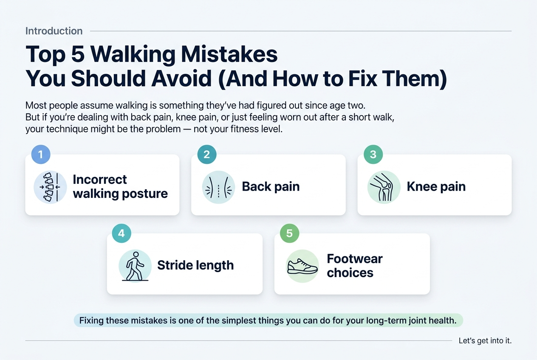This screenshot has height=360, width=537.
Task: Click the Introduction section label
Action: (x=54, y=31)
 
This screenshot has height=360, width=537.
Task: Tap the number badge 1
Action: (x=41, y=155)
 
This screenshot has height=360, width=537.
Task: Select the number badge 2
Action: (x=207, y=155)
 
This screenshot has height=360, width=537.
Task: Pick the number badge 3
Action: (x=373, y=155)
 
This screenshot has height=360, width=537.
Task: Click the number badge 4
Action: (x=122, y=233)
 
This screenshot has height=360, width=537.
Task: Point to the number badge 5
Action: (x=290, y=233)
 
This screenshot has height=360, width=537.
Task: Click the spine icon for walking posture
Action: (x=50, y=187)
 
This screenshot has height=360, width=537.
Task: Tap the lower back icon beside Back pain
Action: (x=218, y=187)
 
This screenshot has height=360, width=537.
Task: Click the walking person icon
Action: (x=135, y=266)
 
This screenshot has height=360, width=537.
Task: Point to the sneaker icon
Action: (x=302, y=266)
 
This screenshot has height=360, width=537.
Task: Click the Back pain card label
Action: (x=271, y=187)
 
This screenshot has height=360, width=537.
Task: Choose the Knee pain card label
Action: (x=436, y=187)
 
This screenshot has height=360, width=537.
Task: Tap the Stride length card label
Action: (x=195, y=265)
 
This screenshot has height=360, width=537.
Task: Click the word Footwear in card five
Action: (x=355, y=259)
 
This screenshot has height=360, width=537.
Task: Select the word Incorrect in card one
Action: (x=100, y=180)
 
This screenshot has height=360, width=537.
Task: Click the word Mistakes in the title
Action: (x=229, y=54)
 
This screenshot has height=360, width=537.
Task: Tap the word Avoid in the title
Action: (x=181, y=78)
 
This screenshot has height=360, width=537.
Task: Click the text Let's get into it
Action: (x=485, y=340)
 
